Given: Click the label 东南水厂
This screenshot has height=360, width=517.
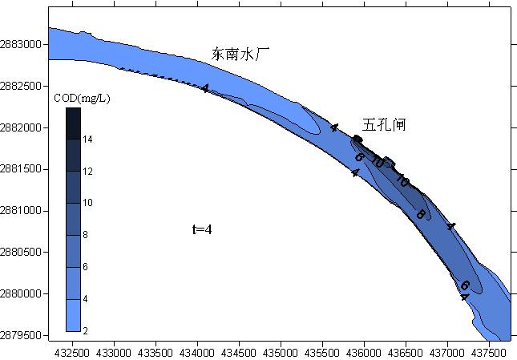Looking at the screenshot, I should (241, 55).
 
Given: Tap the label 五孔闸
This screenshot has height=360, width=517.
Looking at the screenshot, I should (383, 125).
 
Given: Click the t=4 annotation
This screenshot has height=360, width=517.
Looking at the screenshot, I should (201, 229).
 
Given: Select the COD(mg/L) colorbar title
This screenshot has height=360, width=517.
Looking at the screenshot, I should (82, 99).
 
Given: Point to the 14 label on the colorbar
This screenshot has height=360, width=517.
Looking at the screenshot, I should (88, 140).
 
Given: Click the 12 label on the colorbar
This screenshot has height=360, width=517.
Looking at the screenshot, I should (88, 172).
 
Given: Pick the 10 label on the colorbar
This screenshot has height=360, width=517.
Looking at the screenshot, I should (88, 203).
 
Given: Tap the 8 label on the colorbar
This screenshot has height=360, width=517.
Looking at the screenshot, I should (86, 235).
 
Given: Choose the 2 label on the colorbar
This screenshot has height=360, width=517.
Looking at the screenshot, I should (86, 330).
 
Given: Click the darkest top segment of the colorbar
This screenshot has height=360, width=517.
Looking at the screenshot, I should (73, 123).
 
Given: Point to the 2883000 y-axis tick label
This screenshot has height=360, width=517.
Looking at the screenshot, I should (22, 45).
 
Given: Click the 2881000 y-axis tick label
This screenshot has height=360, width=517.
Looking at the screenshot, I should (22, 211).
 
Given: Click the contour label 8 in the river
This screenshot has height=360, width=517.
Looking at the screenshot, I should (420, 215).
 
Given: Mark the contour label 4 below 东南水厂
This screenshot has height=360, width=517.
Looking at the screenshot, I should (205, 89).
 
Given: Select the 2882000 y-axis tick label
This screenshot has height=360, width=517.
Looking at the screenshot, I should (22, 128).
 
